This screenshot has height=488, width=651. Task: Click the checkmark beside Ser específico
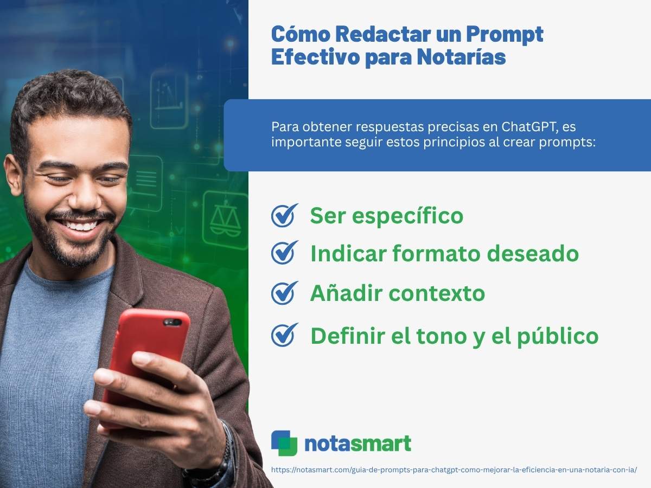point(284,216)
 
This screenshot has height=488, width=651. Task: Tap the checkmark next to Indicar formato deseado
point(284,253)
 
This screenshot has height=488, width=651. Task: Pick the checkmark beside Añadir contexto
point(284,293)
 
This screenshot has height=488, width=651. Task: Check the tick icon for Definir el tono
point(284,335)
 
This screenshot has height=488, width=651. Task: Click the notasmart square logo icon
point(284,443)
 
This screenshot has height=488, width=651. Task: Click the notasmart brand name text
point(358,444)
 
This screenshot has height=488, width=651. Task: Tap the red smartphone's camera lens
point(172,322)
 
